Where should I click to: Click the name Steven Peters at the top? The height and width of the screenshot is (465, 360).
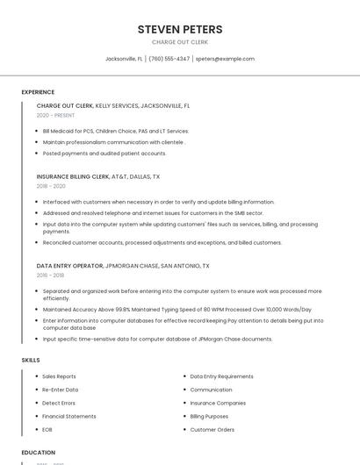click(x=180, y=29)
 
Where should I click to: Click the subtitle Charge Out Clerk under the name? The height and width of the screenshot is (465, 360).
click(x=180, y=42)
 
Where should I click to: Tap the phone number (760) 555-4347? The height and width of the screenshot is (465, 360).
click(x=169, y=59)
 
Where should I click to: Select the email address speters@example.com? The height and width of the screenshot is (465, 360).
click(x=225, y=59)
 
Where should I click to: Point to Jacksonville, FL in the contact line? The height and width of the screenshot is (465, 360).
click(x=124, y=59)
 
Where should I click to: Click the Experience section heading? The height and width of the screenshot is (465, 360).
click(x=38, y=92)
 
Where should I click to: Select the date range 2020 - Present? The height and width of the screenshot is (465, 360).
click(x=55, y=115)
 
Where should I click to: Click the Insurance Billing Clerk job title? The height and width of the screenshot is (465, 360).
click(x=73, y=176)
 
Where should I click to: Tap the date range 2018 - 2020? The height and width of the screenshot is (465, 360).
click(x=51, y=186)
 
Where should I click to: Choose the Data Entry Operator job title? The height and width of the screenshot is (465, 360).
click(x=69, y=265)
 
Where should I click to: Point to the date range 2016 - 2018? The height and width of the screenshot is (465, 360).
click(x=50, y=275)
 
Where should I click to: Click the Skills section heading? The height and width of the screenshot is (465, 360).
click(x=31, y=360)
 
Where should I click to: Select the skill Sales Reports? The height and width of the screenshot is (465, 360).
click(x=59, y=376)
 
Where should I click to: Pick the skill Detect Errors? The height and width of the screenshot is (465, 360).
click(x=59, y=403)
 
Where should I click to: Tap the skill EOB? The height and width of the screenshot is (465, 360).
click(x=47, y=430)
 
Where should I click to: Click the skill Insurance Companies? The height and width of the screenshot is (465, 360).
click(x=219, y=403)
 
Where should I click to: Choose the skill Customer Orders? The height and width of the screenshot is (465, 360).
click(x=212, y=430)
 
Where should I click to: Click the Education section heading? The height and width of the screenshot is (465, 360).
click(x=38, y=453)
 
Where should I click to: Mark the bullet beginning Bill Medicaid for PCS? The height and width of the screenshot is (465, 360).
click(x=115, y=131)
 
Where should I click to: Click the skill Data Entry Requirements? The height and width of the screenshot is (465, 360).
click(x=221, y=376)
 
